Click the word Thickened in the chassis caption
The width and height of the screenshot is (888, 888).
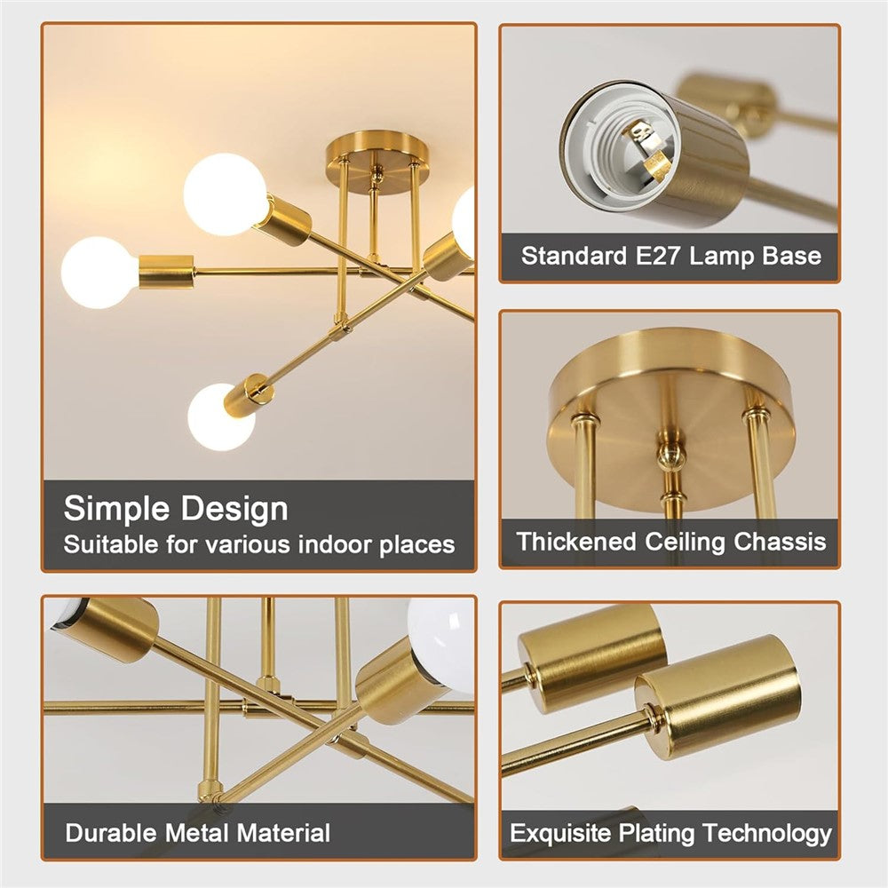coord(576,542)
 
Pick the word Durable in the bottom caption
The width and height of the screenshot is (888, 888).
coord(111,833)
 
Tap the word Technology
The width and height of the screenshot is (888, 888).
coord(767,834)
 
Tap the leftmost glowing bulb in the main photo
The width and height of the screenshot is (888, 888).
coord(99,273)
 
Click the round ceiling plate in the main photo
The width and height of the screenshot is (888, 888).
coord(377,162)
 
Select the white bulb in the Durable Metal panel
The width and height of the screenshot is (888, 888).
coord(440,645)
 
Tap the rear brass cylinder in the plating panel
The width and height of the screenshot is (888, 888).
coord(591,657)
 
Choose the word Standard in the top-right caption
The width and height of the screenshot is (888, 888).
coord(574,256)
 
